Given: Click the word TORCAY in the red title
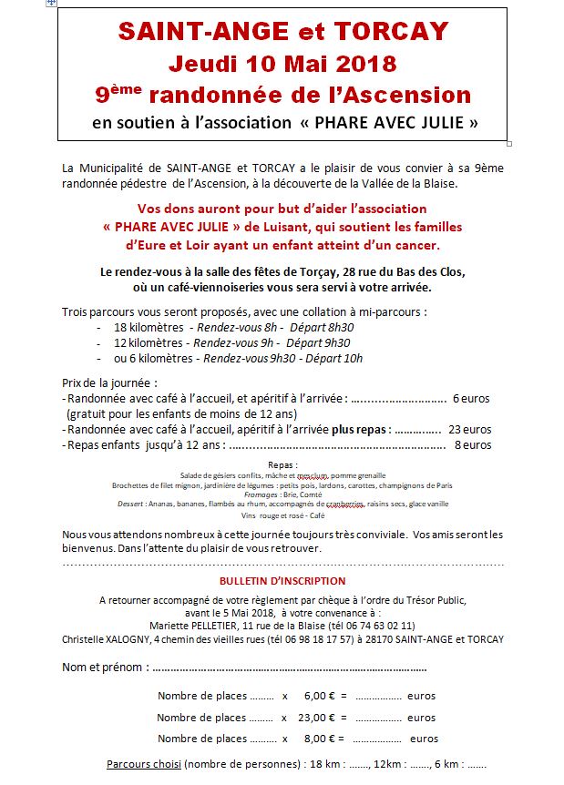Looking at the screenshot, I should [393, 32].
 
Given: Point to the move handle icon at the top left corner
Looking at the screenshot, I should [51, 4].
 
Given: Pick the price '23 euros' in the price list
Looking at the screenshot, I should [469, 429].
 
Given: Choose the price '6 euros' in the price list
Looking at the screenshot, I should [471, 398].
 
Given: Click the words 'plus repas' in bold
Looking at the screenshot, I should [361, 429].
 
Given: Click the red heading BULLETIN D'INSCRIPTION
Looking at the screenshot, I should [282, 581].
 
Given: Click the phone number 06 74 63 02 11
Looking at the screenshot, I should [381, 626].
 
